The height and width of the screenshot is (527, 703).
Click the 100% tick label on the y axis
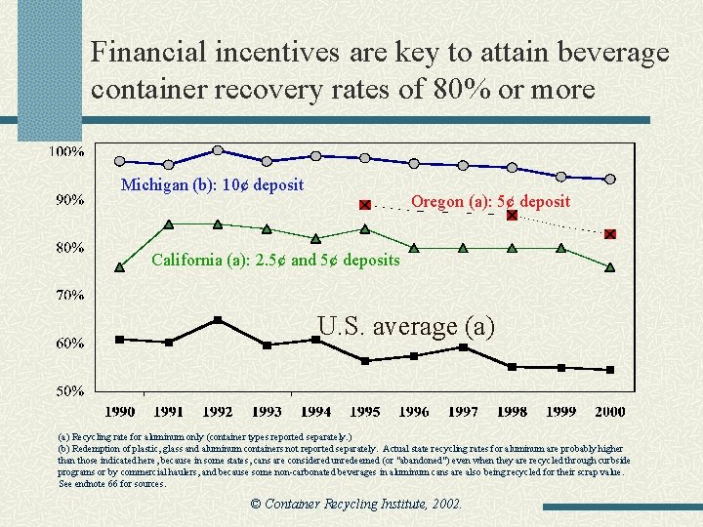(x=66, y=152)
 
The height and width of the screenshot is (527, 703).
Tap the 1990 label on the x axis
(x=120, y=411)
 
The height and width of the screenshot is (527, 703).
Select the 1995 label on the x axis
(x=364, y=411)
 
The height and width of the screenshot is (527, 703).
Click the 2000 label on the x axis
(x=609, y=411)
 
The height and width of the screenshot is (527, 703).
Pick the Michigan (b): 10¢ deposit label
(x=212, y=185)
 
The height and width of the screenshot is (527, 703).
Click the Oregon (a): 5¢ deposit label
(x=490, y=202)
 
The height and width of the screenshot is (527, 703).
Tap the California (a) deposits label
(x=275, y=260)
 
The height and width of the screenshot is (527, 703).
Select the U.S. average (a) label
(x=406, y=326)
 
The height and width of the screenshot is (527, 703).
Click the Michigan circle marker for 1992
(x=218, y=150)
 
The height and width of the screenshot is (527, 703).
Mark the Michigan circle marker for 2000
(x=610, y=179)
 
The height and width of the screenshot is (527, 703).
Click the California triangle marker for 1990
(x=119, y=266)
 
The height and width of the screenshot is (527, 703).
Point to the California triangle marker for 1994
(x=315, y=238)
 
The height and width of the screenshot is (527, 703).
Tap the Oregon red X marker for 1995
(x=365, y=205)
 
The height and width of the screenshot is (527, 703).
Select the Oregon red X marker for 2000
(x=610, y=234)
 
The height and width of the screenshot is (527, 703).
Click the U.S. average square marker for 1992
(x=218, y=320)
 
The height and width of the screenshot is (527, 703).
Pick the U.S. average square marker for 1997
(x=463, y=347)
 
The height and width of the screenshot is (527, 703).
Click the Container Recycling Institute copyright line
(x=355, y=505)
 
